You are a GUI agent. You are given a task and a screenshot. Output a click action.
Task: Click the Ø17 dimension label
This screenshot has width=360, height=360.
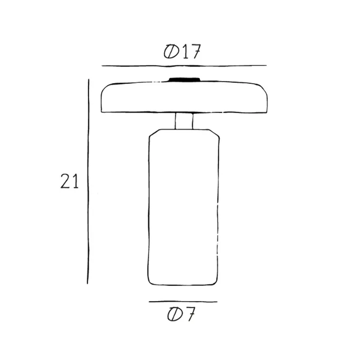tap(182, 51)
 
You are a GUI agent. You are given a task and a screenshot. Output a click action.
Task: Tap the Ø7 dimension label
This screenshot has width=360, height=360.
tap(181, 314)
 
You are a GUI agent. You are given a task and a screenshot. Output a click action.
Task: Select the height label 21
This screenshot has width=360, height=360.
tap(69, 181)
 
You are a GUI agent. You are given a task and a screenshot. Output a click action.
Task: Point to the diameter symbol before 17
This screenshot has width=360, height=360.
tap(171, 51)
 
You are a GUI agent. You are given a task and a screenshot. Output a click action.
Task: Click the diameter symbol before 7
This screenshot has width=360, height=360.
tap(175, 314)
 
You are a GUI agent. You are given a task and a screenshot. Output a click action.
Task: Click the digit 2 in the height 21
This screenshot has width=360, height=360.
tap(65, 181)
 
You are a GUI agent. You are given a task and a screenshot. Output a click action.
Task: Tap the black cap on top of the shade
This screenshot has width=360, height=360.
tap(184, 80)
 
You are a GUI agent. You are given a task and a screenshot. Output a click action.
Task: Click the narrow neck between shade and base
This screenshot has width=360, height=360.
tap(184, 121)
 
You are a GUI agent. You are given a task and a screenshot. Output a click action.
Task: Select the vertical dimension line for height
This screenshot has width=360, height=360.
tap(88, 181)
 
